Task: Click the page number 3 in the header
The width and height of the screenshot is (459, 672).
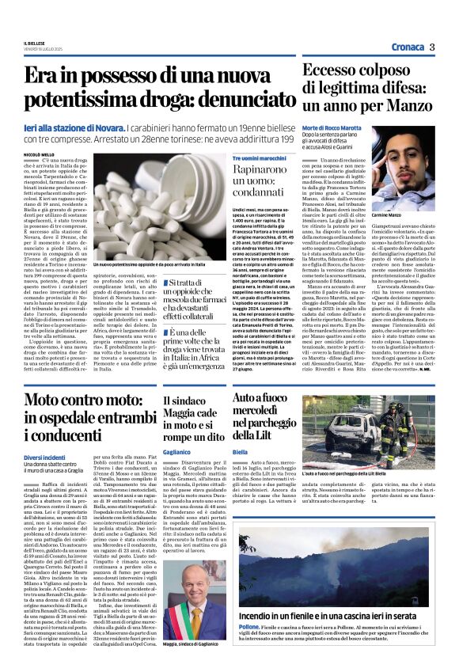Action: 433,47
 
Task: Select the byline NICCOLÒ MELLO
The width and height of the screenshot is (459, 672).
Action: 39,154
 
